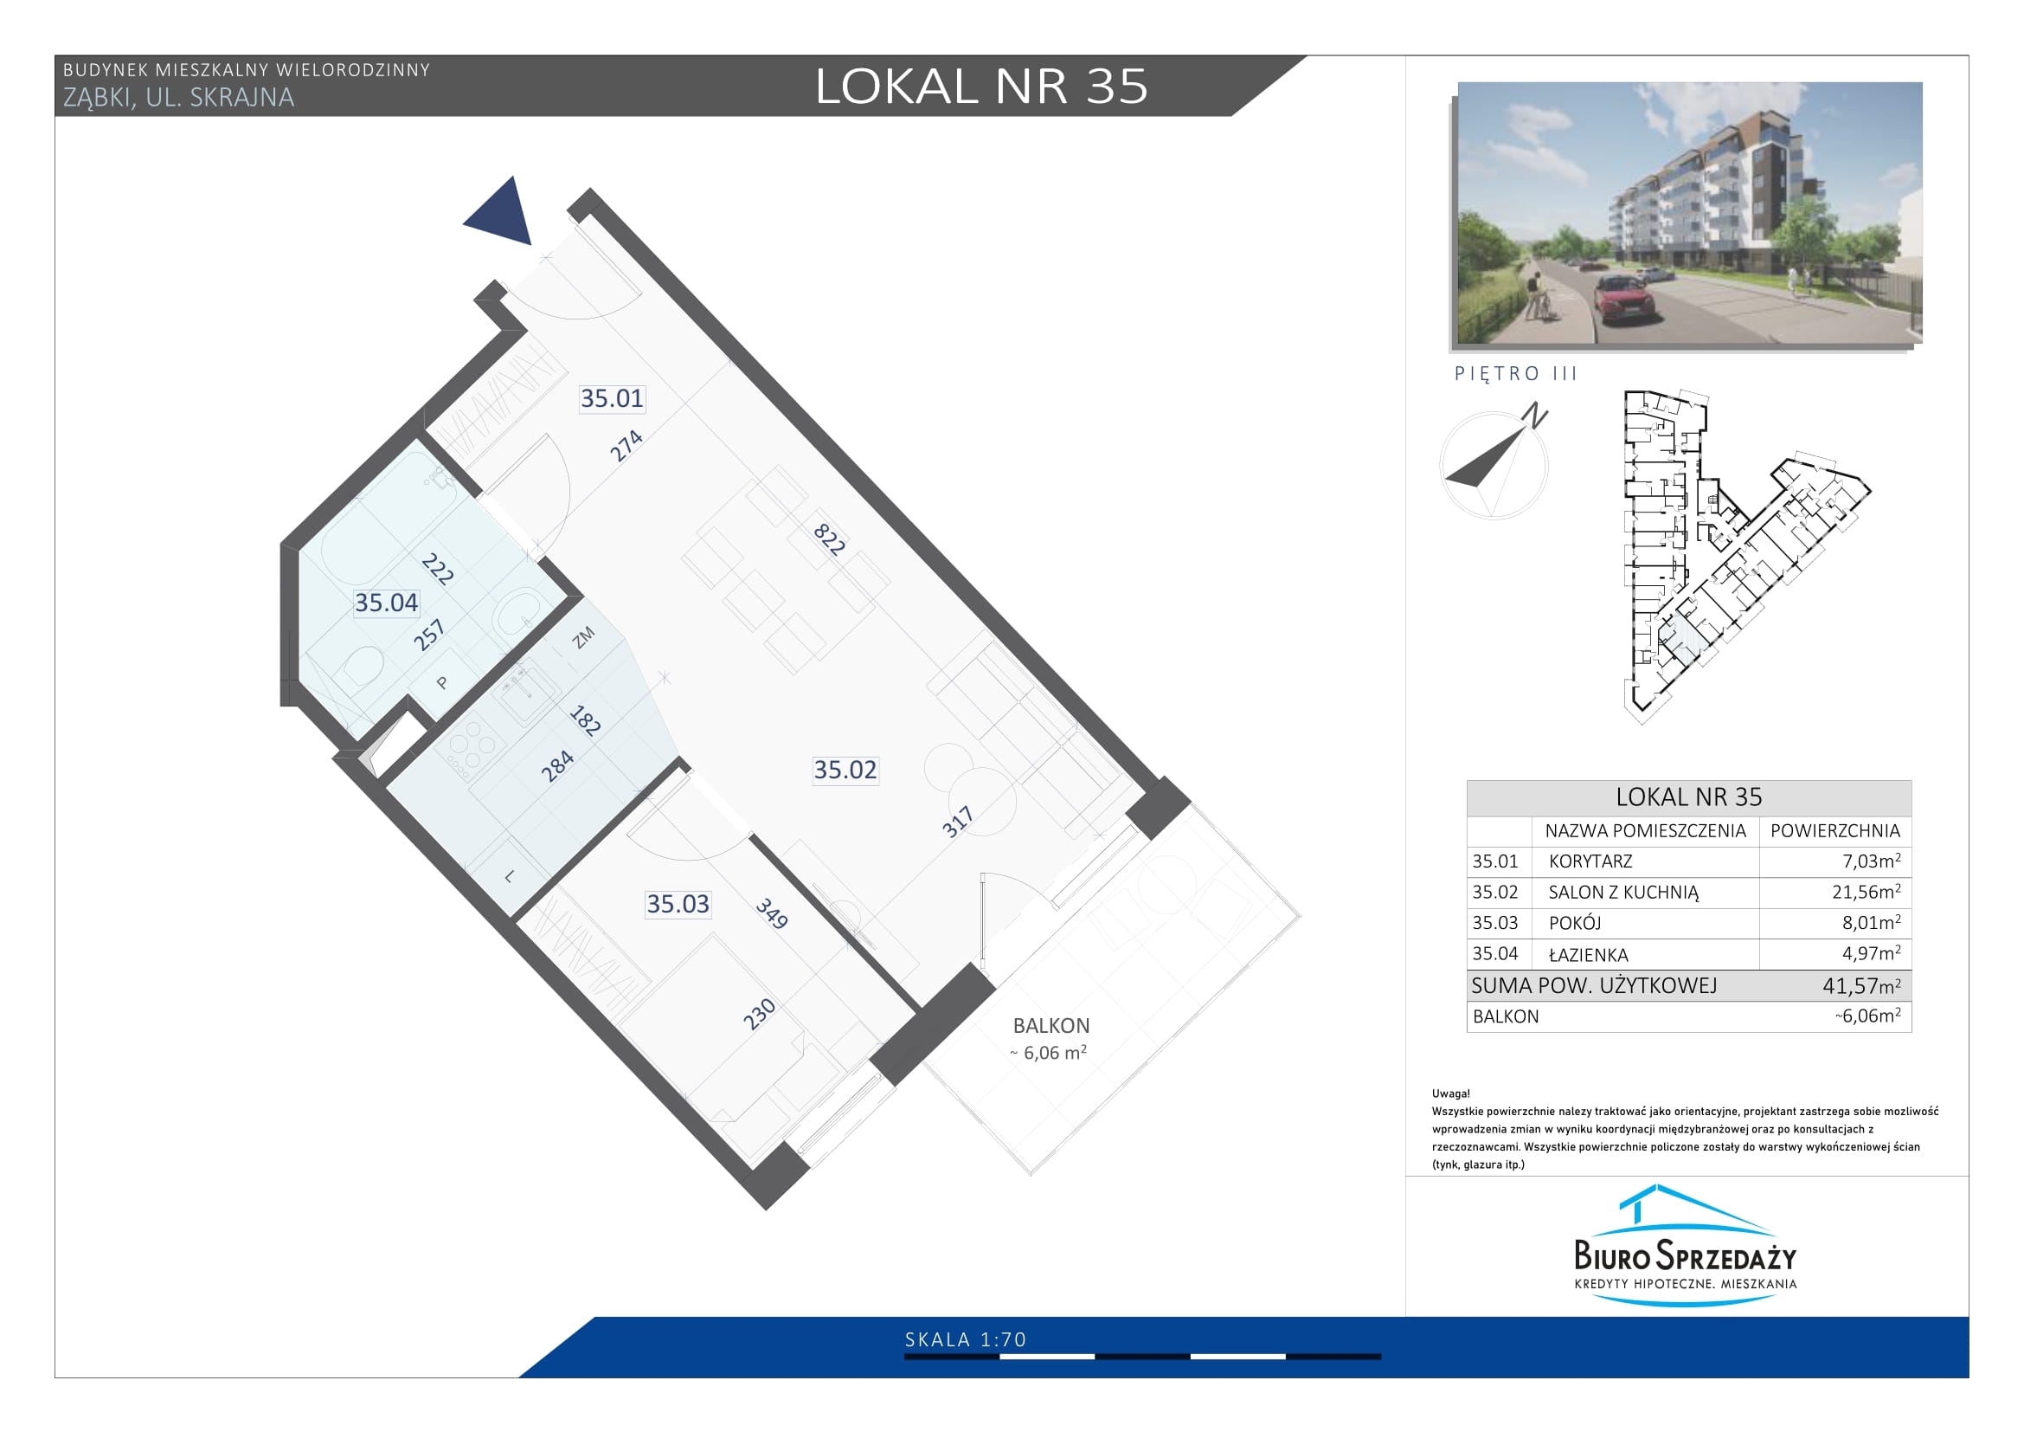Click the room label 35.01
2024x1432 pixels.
pos(612,398)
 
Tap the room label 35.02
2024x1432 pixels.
pos(845,770)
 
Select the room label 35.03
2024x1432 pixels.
pos(678,904)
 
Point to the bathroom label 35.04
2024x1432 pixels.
pos(386,603)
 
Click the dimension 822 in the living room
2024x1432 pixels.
pos(829,538)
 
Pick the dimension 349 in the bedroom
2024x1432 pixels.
pos(771,913)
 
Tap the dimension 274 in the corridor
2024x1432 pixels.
pos(626,446)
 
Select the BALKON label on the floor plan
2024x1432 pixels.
pos(1051,1025)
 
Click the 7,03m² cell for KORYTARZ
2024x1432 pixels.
pos(1871,861)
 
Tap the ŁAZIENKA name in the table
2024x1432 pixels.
pos(1589,954)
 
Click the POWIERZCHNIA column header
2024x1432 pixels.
pos(1835,830)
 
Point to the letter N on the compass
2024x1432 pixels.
pos(1536,416)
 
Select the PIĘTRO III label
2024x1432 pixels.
pos(1515,374)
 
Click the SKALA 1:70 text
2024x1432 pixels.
pos(966,1339)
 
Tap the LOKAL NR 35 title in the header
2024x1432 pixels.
pos(981,87)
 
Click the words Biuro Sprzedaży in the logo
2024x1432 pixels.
pos(1686,1255)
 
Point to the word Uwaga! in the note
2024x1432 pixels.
pos(1451,1093)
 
